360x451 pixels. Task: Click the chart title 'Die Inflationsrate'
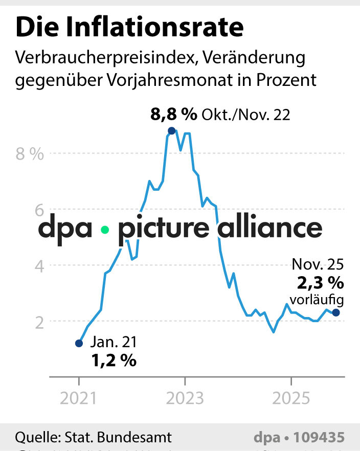click(x=129, y=28)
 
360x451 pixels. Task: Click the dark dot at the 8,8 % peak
click(x=172, y=131)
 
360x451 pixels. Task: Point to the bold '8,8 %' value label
click(x=173, y=115)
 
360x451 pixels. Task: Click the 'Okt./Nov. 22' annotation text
click(x=245, y=115)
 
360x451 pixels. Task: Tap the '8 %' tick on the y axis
click(x=30, y=154)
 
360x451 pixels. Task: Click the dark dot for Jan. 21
click(x=79, y=344)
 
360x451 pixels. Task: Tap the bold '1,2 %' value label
click(x=114, y=360)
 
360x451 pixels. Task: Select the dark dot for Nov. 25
click(x=335, y=312)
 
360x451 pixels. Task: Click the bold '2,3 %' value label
click(x=320, y=282)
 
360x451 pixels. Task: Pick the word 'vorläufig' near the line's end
click(x=317, y=300)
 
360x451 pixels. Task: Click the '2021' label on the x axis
click(x=79, y=398)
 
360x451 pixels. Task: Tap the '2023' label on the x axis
click(x=185, y=398)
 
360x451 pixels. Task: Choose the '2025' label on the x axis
click(x=291, y=398)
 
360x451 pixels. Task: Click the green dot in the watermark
click(x=105, y=230)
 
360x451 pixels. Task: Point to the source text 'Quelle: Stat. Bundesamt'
click(x=94, y=438)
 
